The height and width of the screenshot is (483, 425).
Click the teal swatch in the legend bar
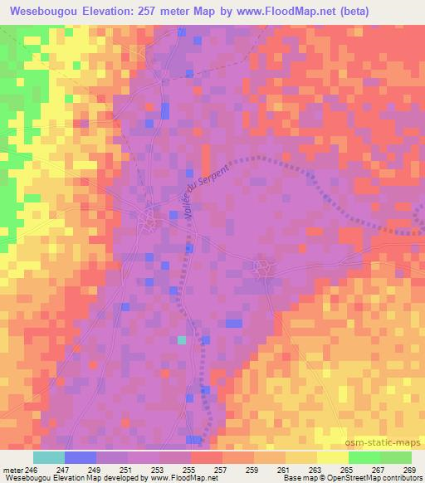point(49,457)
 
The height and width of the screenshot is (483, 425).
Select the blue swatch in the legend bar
point(81,457)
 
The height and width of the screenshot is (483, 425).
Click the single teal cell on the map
point(182,339)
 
